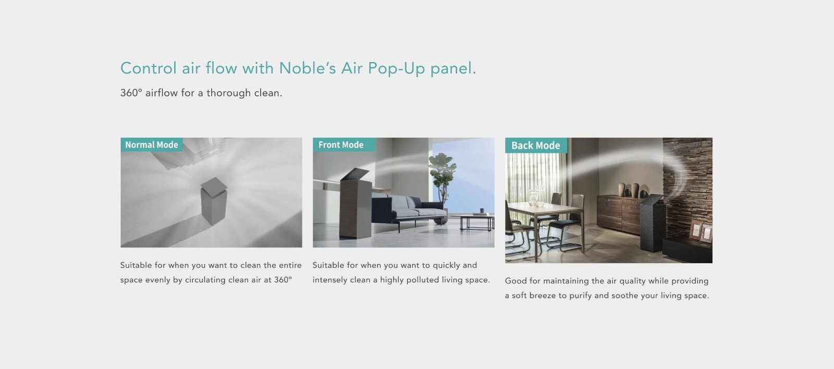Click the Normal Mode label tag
152,144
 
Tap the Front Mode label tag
344,144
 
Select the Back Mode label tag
536,145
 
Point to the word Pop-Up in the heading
396,68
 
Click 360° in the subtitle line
131,93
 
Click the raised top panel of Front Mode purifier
354,174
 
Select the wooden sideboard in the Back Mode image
620,214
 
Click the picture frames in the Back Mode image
701,231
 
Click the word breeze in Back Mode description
543,296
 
